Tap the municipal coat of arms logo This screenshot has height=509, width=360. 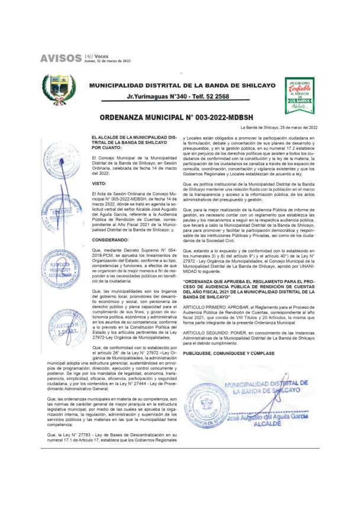pos(59,89)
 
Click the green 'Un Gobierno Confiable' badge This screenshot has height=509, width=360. pos(300,94)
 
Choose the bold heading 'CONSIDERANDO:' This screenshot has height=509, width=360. pos(111,241)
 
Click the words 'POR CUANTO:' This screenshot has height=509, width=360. pos(108,147)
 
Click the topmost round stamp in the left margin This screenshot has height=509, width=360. pos(61,159)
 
